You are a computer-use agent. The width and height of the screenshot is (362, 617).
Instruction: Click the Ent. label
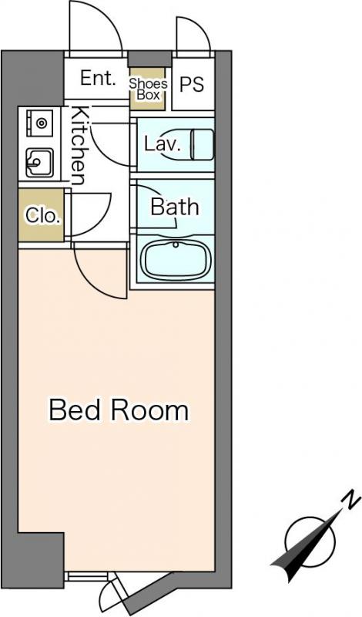99,79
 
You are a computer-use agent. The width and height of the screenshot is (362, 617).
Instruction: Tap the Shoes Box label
148,89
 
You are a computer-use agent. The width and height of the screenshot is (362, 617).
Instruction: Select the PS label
193,84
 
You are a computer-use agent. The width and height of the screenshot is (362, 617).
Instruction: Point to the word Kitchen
79,146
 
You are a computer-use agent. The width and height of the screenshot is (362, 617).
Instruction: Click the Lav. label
163,144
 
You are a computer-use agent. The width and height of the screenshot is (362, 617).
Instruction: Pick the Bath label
175,207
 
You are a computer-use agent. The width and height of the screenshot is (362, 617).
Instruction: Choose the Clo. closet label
44,215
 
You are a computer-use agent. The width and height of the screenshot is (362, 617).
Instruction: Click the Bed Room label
119,410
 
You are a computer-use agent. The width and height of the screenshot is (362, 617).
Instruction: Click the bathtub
176,260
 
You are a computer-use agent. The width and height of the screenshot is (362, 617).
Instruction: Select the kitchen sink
40,163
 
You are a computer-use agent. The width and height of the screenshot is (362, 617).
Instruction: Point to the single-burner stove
40,123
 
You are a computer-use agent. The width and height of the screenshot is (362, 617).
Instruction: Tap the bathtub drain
176,244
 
